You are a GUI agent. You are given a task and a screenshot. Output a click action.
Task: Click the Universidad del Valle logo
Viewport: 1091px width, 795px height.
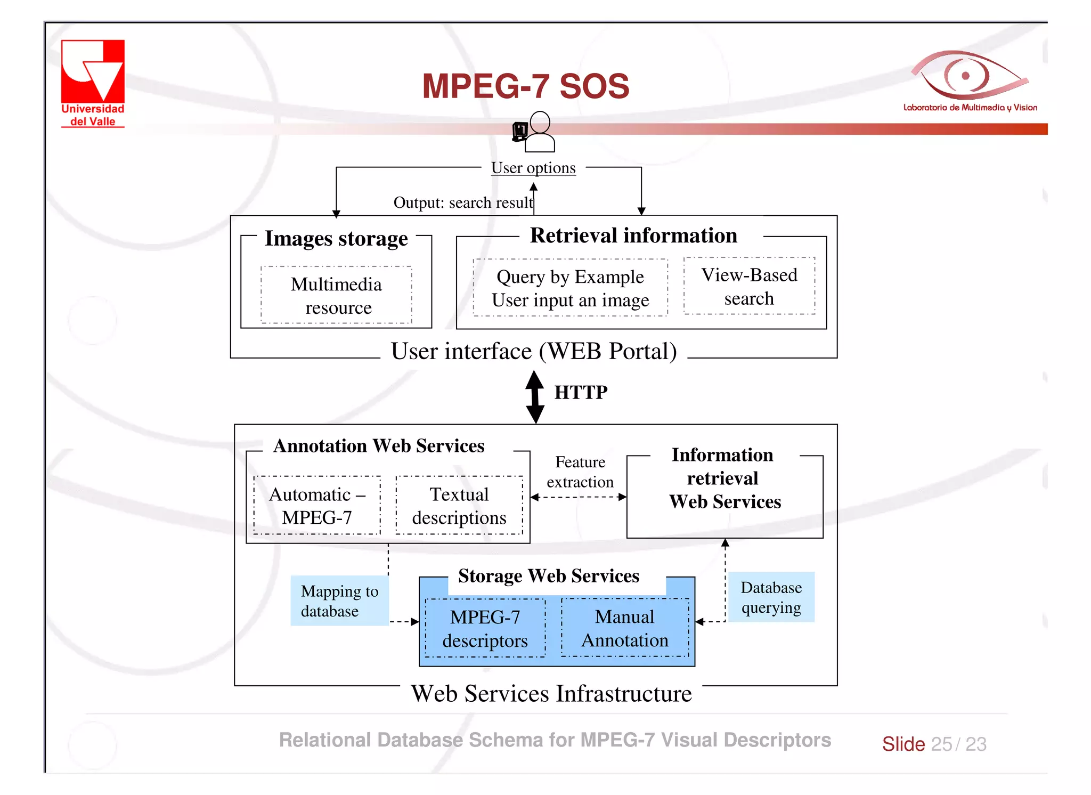click(x=93, y=83)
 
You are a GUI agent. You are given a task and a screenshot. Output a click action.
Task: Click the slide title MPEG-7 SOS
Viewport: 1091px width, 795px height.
click(x=525, y=86)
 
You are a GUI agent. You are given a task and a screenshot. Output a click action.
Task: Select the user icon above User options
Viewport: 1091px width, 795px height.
click(x=535, y=132)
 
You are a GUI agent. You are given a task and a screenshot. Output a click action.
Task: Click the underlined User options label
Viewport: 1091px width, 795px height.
click(x=533, y=168)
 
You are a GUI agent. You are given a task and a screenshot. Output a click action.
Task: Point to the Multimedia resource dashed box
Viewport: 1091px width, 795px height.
click(x=336, y=295)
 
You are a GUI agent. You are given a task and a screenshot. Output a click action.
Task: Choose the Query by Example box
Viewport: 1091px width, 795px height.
click(x=570, y=288)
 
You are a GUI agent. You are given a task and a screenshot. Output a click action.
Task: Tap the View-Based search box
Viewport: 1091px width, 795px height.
click(x=749, y=286)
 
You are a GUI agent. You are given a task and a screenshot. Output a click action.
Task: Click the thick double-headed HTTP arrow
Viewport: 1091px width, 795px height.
click(x=535, y=397)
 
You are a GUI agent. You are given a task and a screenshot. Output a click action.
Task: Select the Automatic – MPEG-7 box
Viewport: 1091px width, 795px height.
click(x=317, y=505)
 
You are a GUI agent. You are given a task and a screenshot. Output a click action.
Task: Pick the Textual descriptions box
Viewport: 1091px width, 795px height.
click(x=459, y=505)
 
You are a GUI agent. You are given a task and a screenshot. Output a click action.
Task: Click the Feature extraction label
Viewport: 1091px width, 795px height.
click(x=580, y=472)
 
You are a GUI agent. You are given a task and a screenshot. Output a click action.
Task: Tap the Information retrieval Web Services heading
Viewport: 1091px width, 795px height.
click(x=724, y=478)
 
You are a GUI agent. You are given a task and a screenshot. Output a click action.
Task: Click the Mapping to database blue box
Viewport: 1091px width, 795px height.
click(x=339, y=601)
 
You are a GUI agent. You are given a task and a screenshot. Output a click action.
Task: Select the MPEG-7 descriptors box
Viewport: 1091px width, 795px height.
click(x=485, y=628)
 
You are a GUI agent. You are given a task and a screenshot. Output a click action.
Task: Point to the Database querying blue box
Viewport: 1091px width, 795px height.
click(x=771, y=597)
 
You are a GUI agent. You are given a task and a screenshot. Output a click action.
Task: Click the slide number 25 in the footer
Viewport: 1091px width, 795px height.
click(x=941, y=744)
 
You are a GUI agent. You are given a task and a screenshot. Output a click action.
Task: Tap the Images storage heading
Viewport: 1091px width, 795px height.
click(x=336, y=238)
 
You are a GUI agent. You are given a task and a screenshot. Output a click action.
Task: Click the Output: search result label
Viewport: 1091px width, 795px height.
click(x=462, y=202)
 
